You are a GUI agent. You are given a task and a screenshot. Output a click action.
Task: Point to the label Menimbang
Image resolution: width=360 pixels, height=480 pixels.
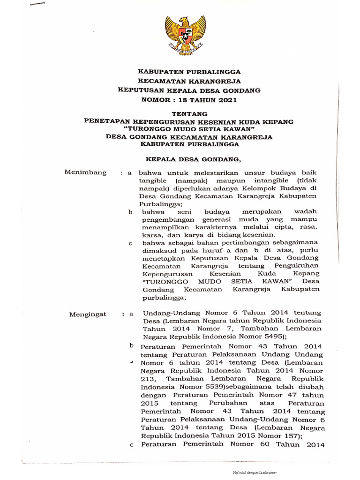[x=85, y=173]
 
